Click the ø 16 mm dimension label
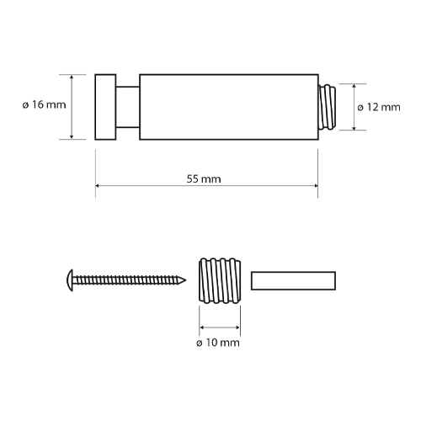point(45,104)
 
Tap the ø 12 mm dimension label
point(379,107)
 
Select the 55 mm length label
point(204,179)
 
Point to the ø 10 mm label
point(218,343)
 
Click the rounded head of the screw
point(70,280)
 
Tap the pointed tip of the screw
point(185,280)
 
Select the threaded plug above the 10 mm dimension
point(220,280)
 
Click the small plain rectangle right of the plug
point(293,280)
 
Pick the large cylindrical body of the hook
point(229,107)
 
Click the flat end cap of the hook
point(105,107)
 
